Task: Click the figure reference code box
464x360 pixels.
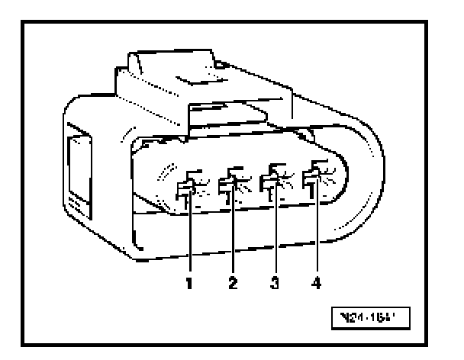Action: pyautogui.click(x=374, y=313)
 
